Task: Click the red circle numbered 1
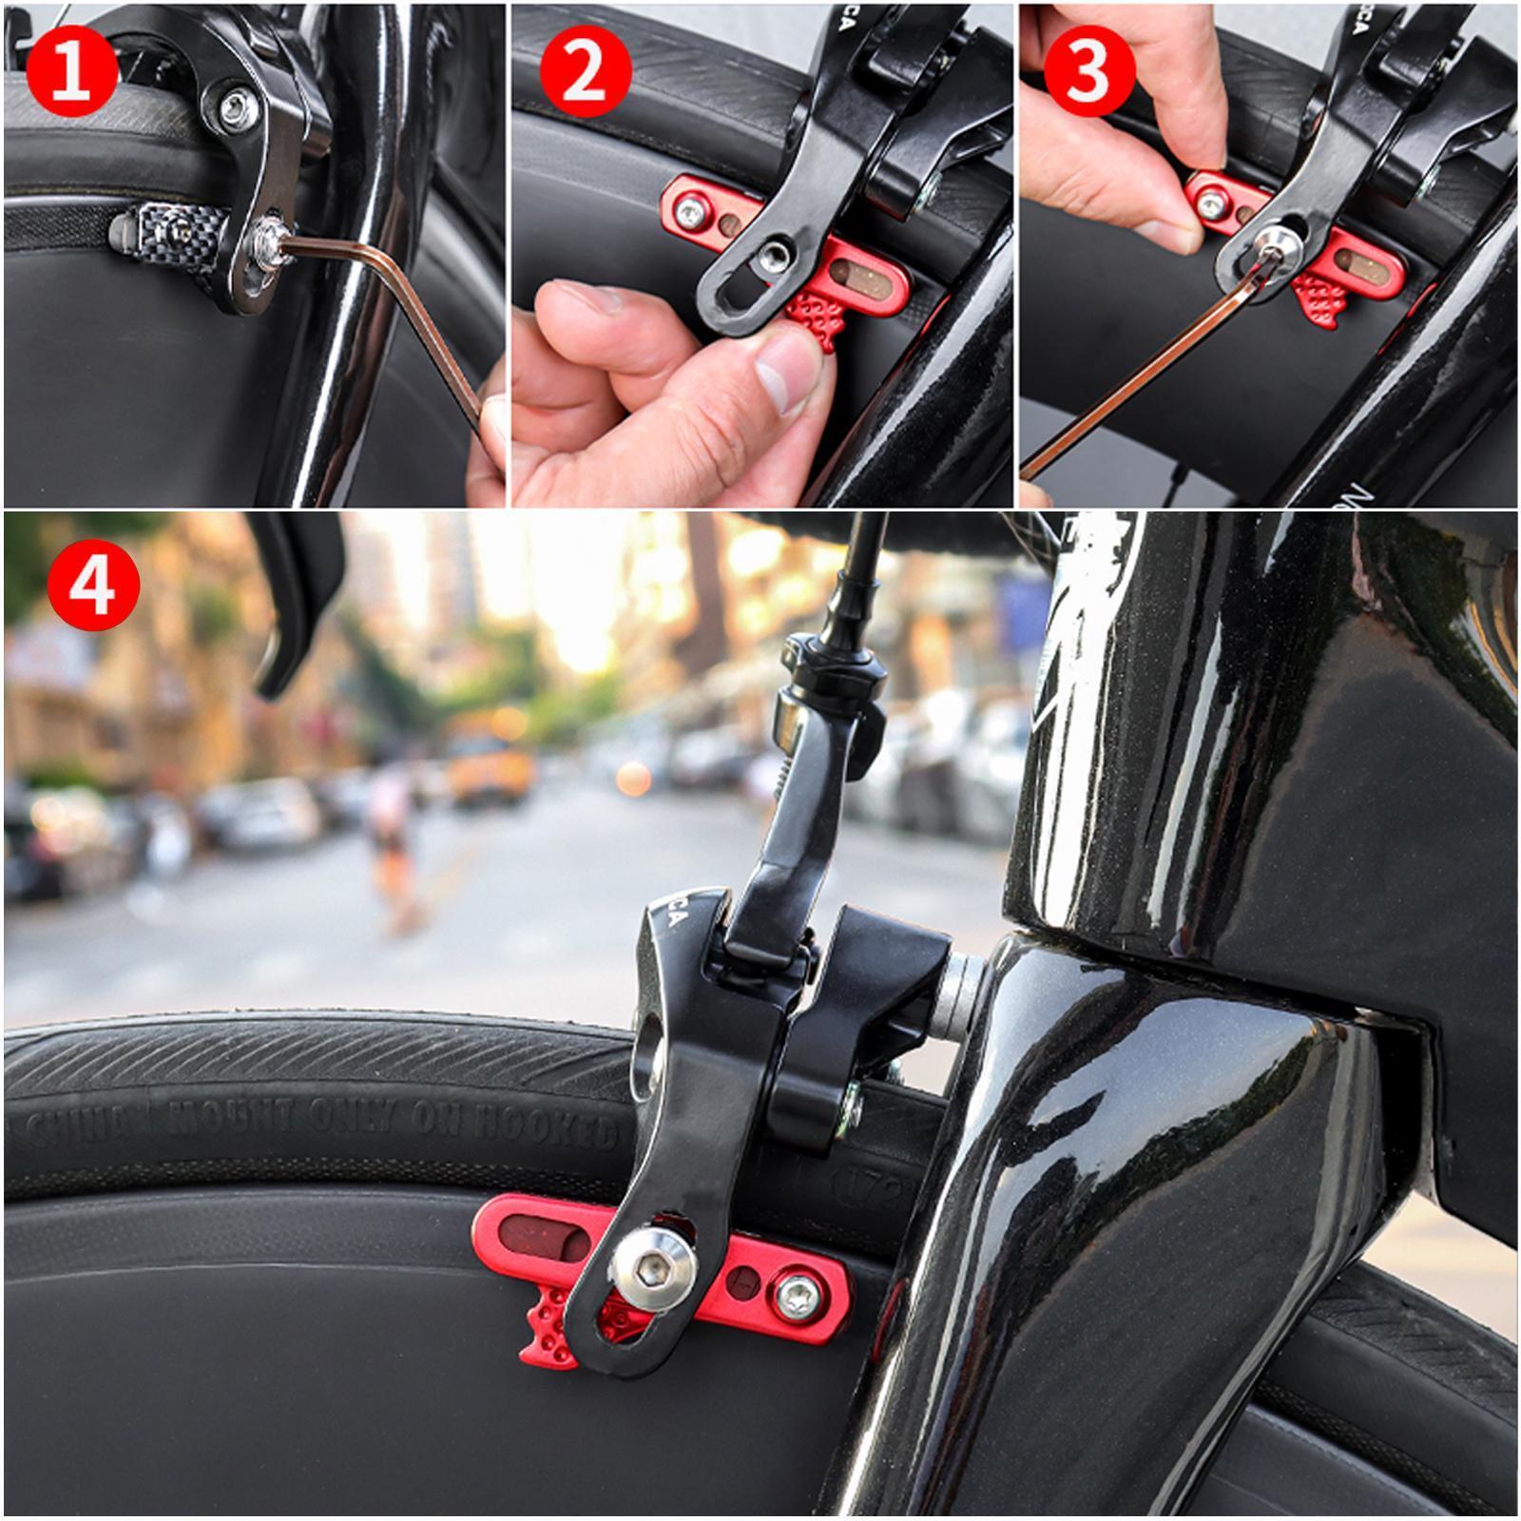(72, 71)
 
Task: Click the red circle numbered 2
(586, 71)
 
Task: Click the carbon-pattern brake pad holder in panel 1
(171, 228)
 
